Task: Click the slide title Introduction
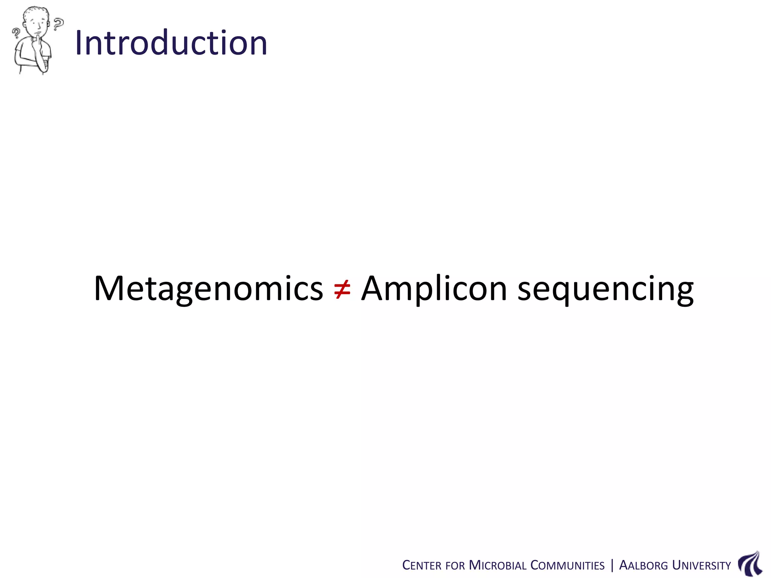(x=171, y=43)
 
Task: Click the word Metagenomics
(x=208, y=289)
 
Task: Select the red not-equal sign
(x=342, y=289)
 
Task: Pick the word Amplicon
(x=434, y=289)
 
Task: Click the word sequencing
(x=605, y=289)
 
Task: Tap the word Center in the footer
(x=422, y=566)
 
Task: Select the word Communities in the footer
(x=567, y=566)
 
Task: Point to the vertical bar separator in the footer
(x=612, y=565)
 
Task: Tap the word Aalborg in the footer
(x=643, y=566)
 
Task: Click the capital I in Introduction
(x=79, y=43)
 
